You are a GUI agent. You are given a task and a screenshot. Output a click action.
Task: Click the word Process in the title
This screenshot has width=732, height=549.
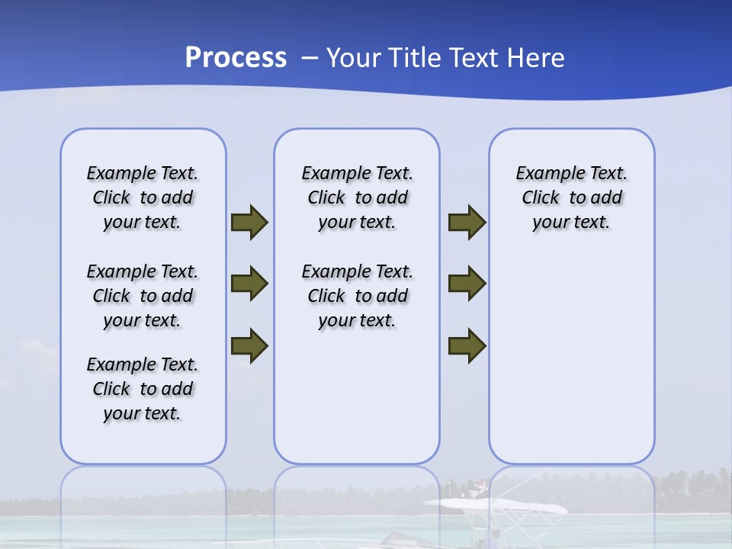(x=236, y=58)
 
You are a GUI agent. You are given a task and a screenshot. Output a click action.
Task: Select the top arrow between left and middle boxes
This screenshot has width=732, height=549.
(x=249, y=223)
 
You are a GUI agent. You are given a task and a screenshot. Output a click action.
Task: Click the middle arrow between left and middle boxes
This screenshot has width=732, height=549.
(x=249, y=284)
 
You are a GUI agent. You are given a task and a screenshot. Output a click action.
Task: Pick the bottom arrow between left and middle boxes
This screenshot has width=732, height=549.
(x=249, y=345)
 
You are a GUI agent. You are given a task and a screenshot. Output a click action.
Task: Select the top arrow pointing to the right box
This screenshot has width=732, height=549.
(x=467, y=223)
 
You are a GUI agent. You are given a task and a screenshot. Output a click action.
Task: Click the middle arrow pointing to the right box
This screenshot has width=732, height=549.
(x=467, y=284)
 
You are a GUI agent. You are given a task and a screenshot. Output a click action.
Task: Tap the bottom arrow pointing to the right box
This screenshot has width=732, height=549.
(x=467, y=345)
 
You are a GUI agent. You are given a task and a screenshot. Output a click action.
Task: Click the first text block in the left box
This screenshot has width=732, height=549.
(x=143, y=197)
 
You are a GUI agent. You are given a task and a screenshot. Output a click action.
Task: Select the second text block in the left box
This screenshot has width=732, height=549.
(x=143, y=296)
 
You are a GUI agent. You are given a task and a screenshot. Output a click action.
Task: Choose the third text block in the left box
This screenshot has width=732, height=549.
(x=143, y=389)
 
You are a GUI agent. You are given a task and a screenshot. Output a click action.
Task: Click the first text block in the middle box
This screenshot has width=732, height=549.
(x=357, y=197)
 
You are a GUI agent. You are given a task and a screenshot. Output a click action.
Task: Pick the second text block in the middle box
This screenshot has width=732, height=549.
(x=357, y=296)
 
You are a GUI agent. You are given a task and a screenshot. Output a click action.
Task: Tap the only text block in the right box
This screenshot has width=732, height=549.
(x=571, y=197)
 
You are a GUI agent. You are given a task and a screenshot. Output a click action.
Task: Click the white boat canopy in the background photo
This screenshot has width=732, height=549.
(x=496, y=506)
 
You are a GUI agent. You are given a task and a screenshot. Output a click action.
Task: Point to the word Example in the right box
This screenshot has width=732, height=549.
(x=545, y=174)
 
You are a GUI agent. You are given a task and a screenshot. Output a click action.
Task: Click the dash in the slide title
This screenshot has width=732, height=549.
(x=310, y=58)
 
